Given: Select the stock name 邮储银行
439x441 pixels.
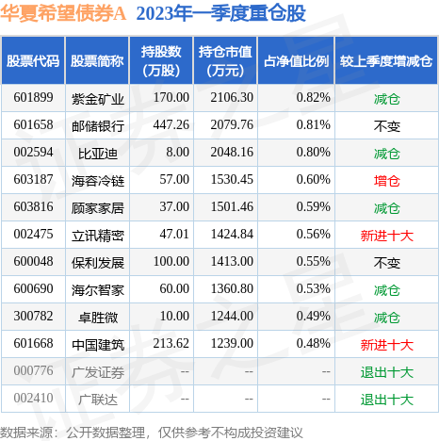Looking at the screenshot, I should point(97,124).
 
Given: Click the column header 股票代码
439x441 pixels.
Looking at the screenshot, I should point(33,60).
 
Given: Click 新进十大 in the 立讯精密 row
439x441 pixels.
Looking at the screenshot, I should point(387,234).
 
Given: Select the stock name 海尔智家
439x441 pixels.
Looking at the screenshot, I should point(97,288).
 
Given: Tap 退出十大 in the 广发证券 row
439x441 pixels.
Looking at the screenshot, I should point(387,371).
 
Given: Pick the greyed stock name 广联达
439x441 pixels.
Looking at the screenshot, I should point(90,398).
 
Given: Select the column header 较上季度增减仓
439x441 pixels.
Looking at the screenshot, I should point(387,60).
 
